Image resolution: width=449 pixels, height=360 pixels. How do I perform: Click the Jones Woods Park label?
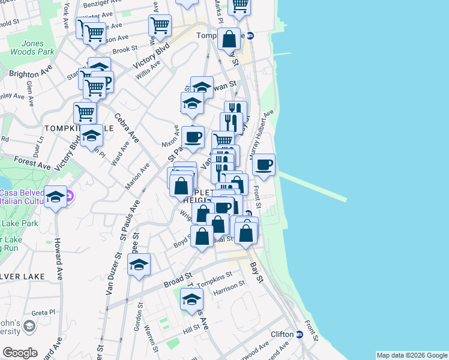(32, 48)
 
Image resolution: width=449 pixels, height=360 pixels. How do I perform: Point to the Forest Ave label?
(32, 162)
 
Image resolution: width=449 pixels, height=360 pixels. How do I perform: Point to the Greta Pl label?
(43, 313)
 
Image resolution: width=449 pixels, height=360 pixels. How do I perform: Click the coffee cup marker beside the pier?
(264, 165)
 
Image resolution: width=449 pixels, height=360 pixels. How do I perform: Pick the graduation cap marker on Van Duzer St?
(139, 265)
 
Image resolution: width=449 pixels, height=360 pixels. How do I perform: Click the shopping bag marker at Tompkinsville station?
(229, 40)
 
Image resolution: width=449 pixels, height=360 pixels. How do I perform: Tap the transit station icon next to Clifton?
(299, 334)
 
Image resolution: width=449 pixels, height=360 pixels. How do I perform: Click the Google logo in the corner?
(20, 353)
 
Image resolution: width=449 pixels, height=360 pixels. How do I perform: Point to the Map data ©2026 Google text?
(412, 355)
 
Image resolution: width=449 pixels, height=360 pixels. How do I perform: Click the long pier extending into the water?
(313, 187)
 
